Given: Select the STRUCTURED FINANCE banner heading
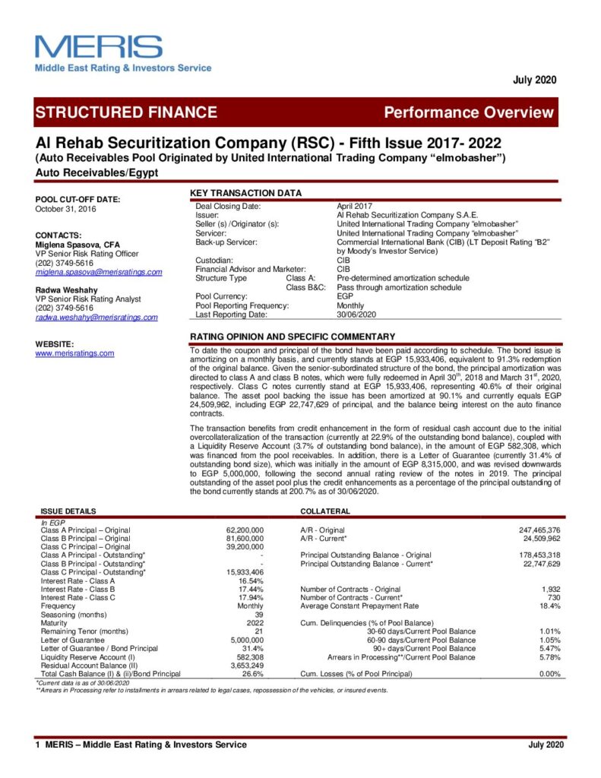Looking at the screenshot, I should click(126, 112).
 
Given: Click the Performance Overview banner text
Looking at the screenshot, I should click(468, 112).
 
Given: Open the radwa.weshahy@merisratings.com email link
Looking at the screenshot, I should click(96, 318).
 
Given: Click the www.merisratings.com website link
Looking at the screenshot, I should click(74, 353).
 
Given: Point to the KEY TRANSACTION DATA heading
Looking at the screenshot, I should click(245, 193).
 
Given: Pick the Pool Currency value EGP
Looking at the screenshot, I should click(345, 296).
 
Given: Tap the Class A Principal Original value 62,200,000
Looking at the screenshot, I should click(245, 530).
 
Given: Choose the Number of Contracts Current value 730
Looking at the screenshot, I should click(552, 597).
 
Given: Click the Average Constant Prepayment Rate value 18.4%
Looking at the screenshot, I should click(549, 606).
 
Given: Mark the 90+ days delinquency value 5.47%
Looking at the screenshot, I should click(549, 648).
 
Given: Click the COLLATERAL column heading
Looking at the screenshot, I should click(324, 511).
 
